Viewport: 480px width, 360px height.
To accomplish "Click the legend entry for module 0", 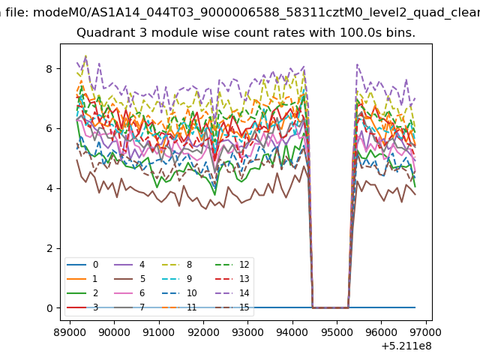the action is pyautogui.click(x=82, y=265).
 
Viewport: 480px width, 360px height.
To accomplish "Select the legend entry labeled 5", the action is pyautogui.click(x=130, y=279).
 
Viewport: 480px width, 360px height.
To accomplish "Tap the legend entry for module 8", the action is pyautogui.click(x=177, y=265).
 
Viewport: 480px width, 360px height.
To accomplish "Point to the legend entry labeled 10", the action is pyautogui.click(x=179, y=293).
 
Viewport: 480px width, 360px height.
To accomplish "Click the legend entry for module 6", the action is pyautogui.click(x=130, y=293).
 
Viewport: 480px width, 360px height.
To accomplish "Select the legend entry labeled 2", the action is pyautogui.click(x=82, y=293).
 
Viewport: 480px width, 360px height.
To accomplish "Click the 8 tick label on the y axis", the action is pyautogui.click(x=49, y=69).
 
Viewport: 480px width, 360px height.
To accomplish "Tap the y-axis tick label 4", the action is pyautogui.click(x=49, y=188).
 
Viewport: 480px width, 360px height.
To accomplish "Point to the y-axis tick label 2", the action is pyautogui.click(x=49, y=248).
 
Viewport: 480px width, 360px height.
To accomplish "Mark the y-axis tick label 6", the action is pyautogui.click(x=49, y=128).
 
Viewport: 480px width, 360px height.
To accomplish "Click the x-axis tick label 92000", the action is pyautogui.click(x=203, y=332).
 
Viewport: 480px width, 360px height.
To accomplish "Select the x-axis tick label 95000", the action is pyautogui.click(x=337, y=332).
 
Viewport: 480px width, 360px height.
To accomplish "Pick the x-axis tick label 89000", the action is pyautogui.click(x=70, y=332).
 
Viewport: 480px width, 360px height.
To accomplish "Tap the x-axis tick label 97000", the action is pyautogui.click(x=426, y=332).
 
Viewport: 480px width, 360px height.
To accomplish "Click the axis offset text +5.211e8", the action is pyautogui.click(x=406, y=346).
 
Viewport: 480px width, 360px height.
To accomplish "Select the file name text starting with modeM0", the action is pyautogui.click(x=256, y=13).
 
